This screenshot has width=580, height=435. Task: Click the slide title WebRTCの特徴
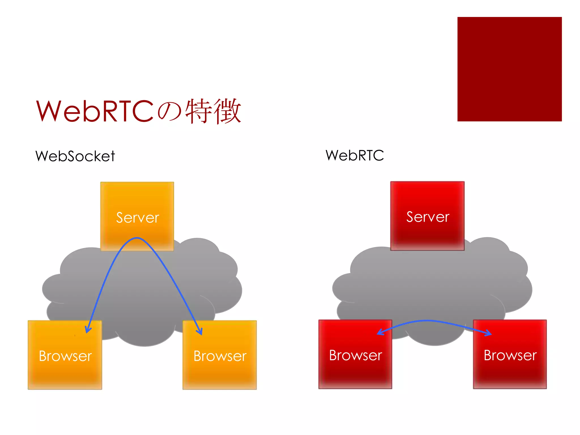click(x=138, y=111)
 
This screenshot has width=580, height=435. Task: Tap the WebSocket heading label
click(x=75, y=156)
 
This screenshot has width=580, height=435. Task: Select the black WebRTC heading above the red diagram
click(x=355, y=155)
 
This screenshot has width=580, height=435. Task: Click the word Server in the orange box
click(x=138, y=217)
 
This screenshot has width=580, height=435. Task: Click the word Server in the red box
click(x=428, y=217)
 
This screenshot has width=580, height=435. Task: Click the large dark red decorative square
click(x=509, y=69)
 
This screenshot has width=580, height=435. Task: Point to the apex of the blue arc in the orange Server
click(x=137, y=238)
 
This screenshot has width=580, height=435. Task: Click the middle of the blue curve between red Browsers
click(x=428, y=321)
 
